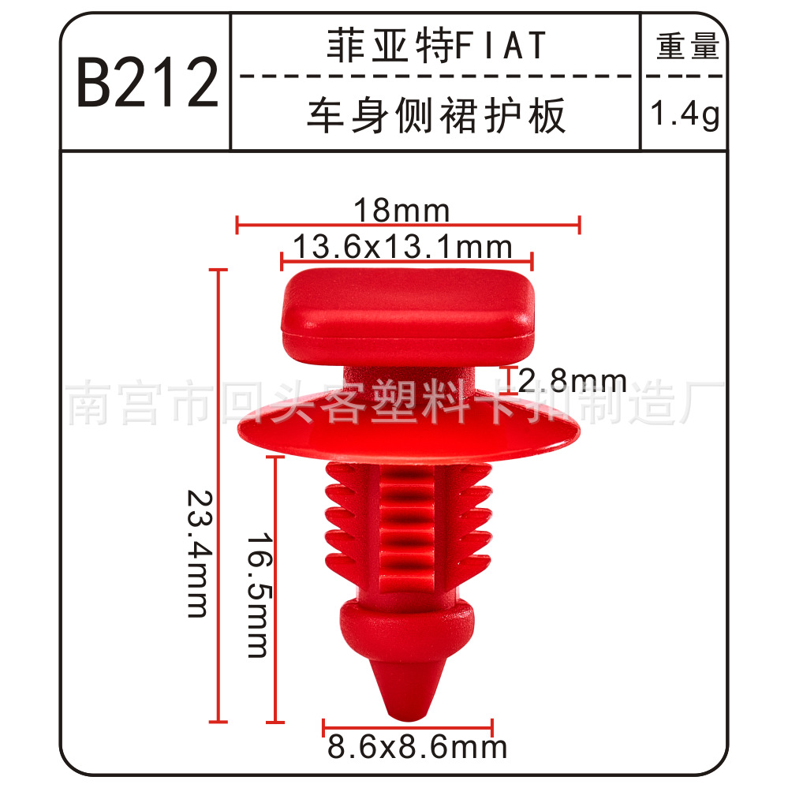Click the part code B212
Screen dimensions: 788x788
point(148,82)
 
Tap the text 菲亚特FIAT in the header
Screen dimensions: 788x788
point(436,45)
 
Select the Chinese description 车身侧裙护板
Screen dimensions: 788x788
point(436,116)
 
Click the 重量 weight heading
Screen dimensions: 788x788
point(688,46)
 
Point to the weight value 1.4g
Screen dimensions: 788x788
point(685,114)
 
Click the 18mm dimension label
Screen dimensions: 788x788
point(401,210)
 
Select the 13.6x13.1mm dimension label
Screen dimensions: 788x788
point(402,247)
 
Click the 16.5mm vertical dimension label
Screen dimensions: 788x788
point(260,596)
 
